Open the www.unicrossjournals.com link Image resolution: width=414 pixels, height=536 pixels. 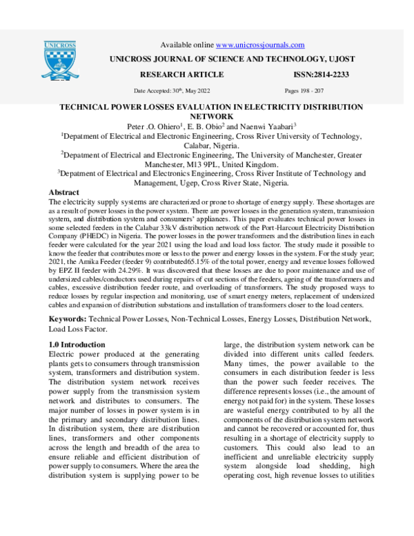click(x=256, y=45)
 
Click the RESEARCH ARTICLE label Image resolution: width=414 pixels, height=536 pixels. click(x=182, y=75)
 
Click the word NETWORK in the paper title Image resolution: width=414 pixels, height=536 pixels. click(x=213, y=117)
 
